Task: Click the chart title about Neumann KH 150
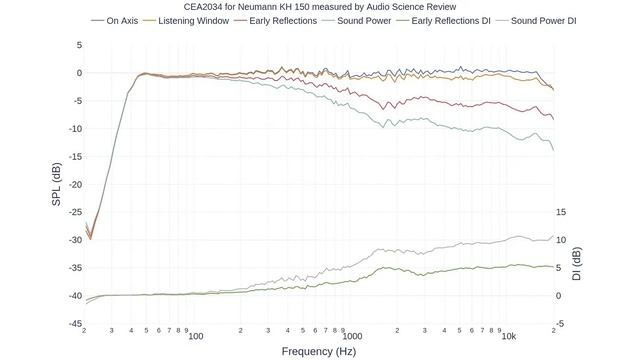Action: pyautogui.click(x=320, y=7)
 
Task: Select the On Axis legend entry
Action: pyautogui.click(x=115, y=21)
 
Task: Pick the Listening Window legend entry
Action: pyautogui.click(x=186, y=21)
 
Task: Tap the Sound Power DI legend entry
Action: pyautogui.click(x=536, y=21)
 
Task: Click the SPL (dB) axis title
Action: pyautogui.click(x=56, y=184)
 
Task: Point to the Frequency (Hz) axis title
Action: pyautogui.click(x=319, y=351)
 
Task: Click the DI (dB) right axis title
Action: pyautogui.click(x=576, y=264)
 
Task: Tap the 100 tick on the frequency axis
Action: pyautogui.click(x=196, y=336)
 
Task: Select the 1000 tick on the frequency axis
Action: pyautogui.click(x=352, y=336)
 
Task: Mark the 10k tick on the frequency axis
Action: pyautogui.click(x=509, y=336)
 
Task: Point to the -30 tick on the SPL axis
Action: pyautogui.click(x=75, y=240)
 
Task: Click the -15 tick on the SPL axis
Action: pyautogui.click(x=75, y=156)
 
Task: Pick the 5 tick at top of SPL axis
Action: pyautogui.click(x=79, y=45)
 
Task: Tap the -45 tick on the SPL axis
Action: pyautogui.click(x=75, y=324)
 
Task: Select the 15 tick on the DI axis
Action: pyautogui.click(x=561, y=212)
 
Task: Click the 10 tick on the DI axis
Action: pyautogui.click(x=561, y=240)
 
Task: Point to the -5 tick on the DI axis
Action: pyautogui.click(x=560, y=324)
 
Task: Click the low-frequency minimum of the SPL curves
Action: pyautogui.click(x=91, y=239)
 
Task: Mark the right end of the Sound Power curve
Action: pyautogui.click(x=554, y=150)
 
